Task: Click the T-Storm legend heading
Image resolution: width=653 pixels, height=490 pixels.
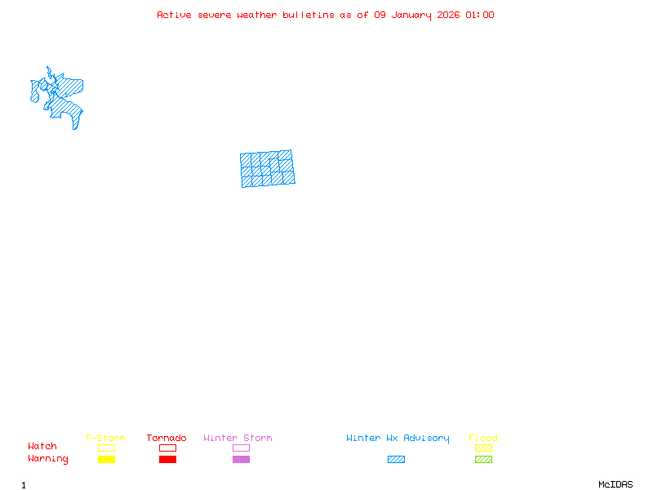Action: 105,439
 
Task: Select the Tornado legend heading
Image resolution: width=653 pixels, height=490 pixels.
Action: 167,439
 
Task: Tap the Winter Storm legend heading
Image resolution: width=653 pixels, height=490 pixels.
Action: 238,439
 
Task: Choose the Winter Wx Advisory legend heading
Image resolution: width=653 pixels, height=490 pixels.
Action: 398,439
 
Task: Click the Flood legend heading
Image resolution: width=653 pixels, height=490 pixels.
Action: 483,439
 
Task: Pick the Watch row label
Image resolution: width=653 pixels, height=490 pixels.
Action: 42,447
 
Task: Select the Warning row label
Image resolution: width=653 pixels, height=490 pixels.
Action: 48,459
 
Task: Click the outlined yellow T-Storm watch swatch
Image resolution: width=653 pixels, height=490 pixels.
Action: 106,448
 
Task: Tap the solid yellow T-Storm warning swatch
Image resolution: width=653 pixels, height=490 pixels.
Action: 106,460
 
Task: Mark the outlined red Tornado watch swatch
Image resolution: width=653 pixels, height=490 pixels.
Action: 167,448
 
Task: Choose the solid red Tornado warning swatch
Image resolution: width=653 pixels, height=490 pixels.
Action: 167,460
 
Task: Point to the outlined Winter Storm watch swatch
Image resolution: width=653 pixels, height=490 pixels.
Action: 241,448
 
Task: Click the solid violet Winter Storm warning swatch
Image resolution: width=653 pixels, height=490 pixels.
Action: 241,460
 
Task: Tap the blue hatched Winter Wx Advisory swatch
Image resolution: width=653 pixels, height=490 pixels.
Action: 396,460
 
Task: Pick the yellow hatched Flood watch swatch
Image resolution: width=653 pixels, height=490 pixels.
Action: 483,448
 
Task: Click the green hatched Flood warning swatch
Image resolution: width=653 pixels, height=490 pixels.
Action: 483,460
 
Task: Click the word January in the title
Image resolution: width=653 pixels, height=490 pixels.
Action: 411,15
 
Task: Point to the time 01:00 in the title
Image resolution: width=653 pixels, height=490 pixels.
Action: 480,15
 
